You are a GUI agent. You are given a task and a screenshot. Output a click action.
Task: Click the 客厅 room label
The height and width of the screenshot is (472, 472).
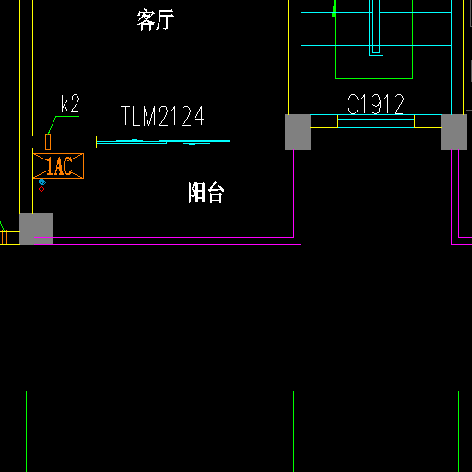pos(156,20)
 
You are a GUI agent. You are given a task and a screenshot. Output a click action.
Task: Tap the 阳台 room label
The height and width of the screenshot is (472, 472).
pos(206,192)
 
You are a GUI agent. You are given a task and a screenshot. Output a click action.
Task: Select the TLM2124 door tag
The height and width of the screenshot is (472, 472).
pos(162,116)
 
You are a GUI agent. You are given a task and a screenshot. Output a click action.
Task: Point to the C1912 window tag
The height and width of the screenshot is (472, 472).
pos(375,104)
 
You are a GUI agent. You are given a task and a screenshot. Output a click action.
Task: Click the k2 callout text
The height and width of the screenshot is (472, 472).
pos(70,103)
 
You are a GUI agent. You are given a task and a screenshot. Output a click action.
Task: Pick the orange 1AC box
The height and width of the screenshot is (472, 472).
pos(58,166)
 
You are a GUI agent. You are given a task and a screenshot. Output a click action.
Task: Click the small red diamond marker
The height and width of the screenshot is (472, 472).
pos(41,189)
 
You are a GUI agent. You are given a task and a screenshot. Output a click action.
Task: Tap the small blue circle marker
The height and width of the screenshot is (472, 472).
pos(42,183)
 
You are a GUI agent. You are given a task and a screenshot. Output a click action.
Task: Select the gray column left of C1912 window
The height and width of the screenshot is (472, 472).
pos(298,132)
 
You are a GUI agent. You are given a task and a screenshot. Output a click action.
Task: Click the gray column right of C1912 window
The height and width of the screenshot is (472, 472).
pos(454,132)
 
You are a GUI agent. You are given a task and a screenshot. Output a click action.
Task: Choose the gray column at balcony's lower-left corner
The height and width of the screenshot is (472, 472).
pos(36,229)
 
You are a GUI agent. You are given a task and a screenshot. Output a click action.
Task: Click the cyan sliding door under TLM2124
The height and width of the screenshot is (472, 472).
pos(163,144)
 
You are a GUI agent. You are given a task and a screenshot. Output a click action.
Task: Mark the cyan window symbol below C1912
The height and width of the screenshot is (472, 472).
pos(376,121)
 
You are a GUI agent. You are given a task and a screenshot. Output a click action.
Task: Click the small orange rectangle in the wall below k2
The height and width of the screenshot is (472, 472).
pos(48,142)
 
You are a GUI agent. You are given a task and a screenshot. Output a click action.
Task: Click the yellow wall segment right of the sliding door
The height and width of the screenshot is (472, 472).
pos(257,142)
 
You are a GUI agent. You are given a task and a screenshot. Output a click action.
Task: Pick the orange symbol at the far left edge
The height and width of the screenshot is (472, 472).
pos(4,237)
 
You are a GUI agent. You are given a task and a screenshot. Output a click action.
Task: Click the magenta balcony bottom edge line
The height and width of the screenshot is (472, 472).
pos(168,244)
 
